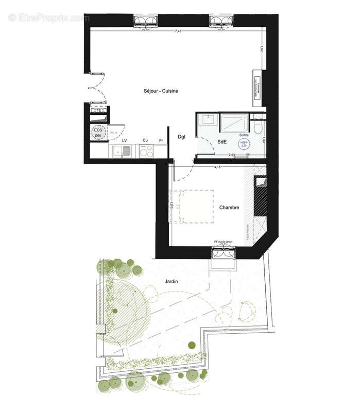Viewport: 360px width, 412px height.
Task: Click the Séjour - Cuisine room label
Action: (x=161, y=91)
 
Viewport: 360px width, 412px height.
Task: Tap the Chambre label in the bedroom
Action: (x=229, y=208)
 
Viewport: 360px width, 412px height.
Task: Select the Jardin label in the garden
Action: (x=172, y=282)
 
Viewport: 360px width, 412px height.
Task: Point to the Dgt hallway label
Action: (x=181, y=136)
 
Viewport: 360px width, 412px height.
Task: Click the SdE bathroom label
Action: (x=222, y=141)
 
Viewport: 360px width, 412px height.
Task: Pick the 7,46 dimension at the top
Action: (x=178, y=31)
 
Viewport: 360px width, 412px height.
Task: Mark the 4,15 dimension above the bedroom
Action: (x=218, y=167)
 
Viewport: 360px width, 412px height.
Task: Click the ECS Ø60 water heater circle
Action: (x=97, y=132)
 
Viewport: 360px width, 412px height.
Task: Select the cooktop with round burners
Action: (x=146, y=151)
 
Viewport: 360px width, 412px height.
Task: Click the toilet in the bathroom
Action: (x=259, y=127)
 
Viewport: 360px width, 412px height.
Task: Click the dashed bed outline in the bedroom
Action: (x=193, y=206)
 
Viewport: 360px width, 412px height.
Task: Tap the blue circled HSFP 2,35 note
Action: (x=243, y=144)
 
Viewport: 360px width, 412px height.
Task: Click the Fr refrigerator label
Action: (x=161, y=140)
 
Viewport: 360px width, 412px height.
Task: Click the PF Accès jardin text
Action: (x=224, y=242)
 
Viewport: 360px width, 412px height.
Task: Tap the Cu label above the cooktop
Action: (x=146, y=140)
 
